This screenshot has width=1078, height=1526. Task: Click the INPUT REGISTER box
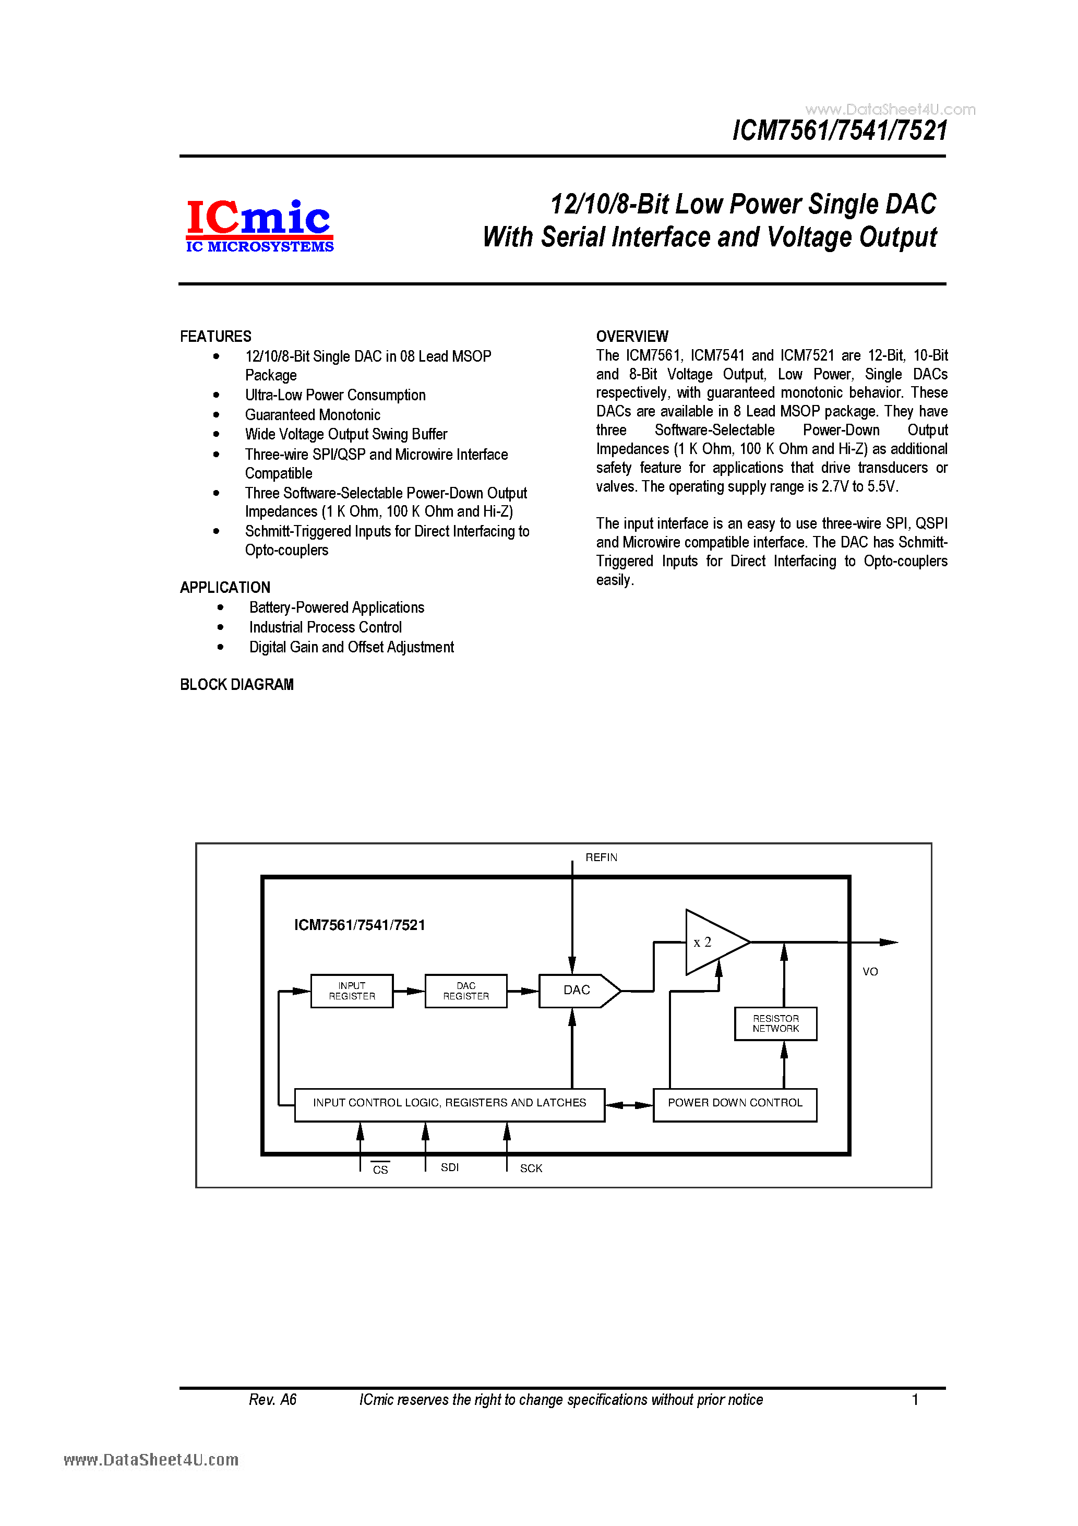pos(352,991)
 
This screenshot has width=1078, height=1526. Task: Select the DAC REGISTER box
pos(466,991)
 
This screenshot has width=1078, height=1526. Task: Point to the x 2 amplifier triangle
pos(709,942)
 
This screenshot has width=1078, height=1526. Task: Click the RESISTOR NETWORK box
pos(775,1023)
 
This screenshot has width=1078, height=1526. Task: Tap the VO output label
pos(870,972)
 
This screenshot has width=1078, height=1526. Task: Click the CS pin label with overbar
pos(380,1170)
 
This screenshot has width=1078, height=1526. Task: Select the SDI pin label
pos(450,1167)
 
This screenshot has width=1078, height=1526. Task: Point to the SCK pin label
pos(531,1169)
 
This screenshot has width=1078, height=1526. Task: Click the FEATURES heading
pos(216,336)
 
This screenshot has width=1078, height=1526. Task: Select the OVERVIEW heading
pos(632,336)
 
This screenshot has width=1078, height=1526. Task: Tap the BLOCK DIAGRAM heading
pos(236,685)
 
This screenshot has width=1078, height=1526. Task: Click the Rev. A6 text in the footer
pos(272,1400)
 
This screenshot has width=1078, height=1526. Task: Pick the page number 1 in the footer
pos(915,1400)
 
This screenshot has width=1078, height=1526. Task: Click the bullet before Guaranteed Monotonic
pos(216,415)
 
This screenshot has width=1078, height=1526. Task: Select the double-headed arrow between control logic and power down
pos(629,1105)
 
